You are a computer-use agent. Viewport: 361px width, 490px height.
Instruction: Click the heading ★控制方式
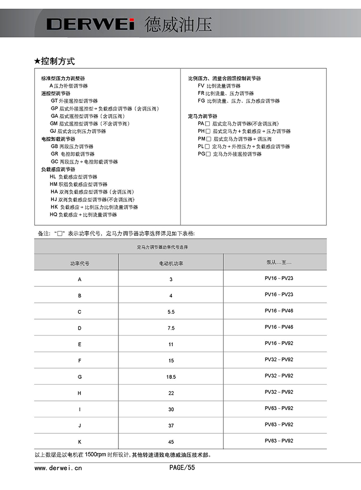point(54,61)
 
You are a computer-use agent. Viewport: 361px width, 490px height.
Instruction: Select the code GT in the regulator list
point(54,101)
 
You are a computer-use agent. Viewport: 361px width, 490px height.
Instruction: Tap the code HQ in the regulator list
point(53,215)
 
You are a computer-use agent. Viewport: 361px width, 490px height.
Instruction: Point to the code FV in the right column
point(201,86)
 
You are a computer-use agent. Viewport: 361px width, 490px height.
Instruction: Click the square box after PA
point(208,124)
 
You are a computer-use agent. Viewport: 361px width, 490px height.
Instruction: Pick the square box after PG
point(208,154)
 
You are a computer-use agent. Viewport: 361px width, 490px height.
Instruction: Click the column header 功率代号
point(79,263)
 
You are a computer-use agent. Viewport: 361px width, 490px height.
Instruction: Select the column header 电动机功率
point(171,263)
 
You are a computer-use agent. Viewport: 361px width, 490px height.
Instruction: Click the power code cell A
point(79,279)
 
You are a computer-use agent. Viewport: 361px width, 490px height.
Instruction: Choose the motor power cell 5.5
point(171,312)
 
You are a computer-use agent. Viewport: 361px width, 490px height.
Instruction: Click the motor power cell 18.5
point(171,377)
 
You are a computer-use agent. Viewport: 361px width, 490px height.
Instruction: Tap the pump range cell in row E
point(279,343)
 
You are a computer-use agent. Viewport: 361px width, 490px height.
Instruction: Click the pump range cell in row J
point(279,425)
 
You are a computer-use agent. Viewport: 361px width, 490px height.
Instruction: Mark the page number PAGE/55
point(182,467)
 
